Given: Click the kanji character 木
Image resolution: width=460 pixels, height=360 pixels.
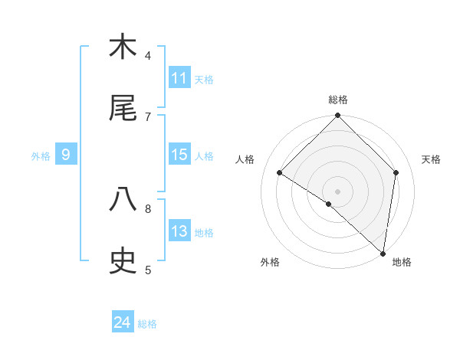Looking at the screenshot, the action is pyautogui.click(x=123, y=47).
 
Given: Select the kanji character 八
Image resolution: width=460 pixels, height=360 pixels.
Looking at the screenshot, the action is pyautogui.click(x=123, y=200).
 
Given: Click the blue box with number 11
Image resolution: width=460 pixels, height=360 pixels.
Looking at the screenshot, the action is pyautogui.click(x=179, y=78).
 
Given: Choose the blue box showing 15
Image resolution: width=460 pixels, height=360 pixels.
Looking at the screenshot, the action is pyautogui.click(x=179, y=155).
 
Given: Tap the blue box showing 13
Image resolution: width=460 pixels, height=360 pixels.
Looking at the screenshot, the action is pyautogui.click(x=179, y=231).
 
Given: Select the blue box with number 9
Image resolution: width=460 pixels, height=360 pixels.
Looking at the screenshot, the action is pyautogui.click(x=66, y=155).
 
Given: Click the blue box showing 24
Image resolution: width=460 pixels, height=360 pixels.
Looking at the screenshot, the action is pyautogui.click(x=123, y=322).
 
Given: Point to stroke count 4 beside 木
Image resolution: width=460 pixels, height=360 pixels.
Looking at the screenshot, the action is pyautogui.click(x=148, y=55).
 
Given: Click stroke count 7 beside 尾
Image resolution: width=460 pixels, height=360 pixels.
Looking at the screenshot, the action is pyautogui.click(x=148, y=116).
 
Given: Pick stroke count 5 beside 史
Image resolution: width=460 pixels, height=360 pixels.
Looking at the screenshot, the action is pyautogui.click(x=148, y=270).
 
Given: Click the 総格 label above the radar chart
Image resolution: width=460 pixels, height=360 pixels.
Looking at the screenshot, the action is pyautogui.click(x=338, y=100).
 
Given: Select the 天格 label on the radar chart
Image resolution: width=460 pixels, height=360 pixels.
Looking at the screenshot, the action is pyautogui.click(x=432, y=159).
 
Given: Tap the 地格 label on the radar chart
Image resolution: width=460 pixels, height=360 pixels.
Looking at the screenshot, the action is pyautogui.click(x=402, y=262).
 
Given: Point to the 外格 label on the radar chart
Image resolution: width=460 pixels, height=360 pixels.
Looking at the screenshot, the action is pyautogui.click(x=270, y=262).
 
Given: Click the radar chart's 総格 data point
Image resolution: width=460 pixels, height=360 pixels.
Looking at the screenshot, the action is pyautogui.click(x=338, y=116).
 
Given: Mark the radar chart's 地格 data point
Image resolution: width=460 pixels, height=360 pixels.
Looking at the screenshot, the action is pyautogui.click(x=383, y=253).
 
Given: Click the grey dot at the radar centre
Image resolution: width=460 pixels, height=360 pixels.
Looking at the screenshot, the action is pyautogui.click(x=338, y=191).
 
